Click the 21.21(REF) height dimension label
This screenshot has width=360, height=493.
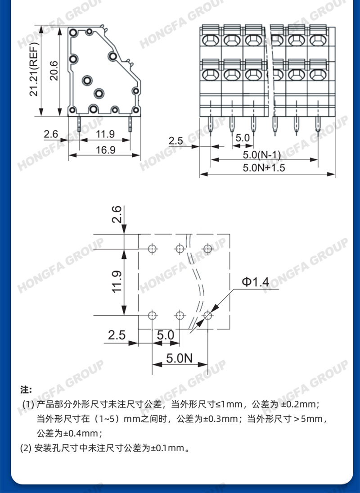coord(33,69)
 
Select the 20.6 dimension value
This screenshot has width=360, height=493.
coord(54,71)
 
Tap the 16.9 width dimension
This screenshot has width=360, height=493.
coord(105,149)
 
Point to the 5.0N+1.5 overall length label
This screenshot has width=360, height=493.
coord(264,167)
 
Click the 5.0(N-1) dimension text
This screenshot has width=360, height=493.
coord(262,155)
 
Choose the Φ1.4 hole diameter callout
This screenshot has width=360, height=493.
coord(256,282)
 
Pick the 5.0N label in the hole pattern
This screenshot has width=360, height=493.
coord(179,358)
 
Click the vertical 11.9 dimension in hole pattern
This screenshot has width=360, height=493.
coord(117,282)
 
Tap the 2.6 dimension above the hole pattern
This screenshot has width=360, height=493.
coord(117,214)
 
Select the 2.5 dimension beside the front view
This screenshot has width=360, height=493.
coord(176,140)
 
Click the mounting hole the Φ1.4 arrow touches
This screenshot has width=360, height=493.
coord(207,315)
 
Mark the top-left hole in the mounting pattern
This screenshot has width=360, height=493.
coord(153,249)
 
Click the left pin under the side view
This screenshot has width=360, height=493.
coord(79,124)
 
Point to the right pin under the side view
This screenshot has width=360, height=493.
coord(130,124)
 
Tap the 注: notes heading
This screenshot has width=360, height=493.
coord(27,390)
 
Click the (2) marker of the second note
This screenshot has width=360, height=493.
coord(26,448)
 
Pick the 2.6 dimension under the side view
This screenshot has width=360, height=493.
coord(51,134)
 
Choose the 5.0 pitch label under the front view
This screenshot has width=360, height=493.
coord(243,138)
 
